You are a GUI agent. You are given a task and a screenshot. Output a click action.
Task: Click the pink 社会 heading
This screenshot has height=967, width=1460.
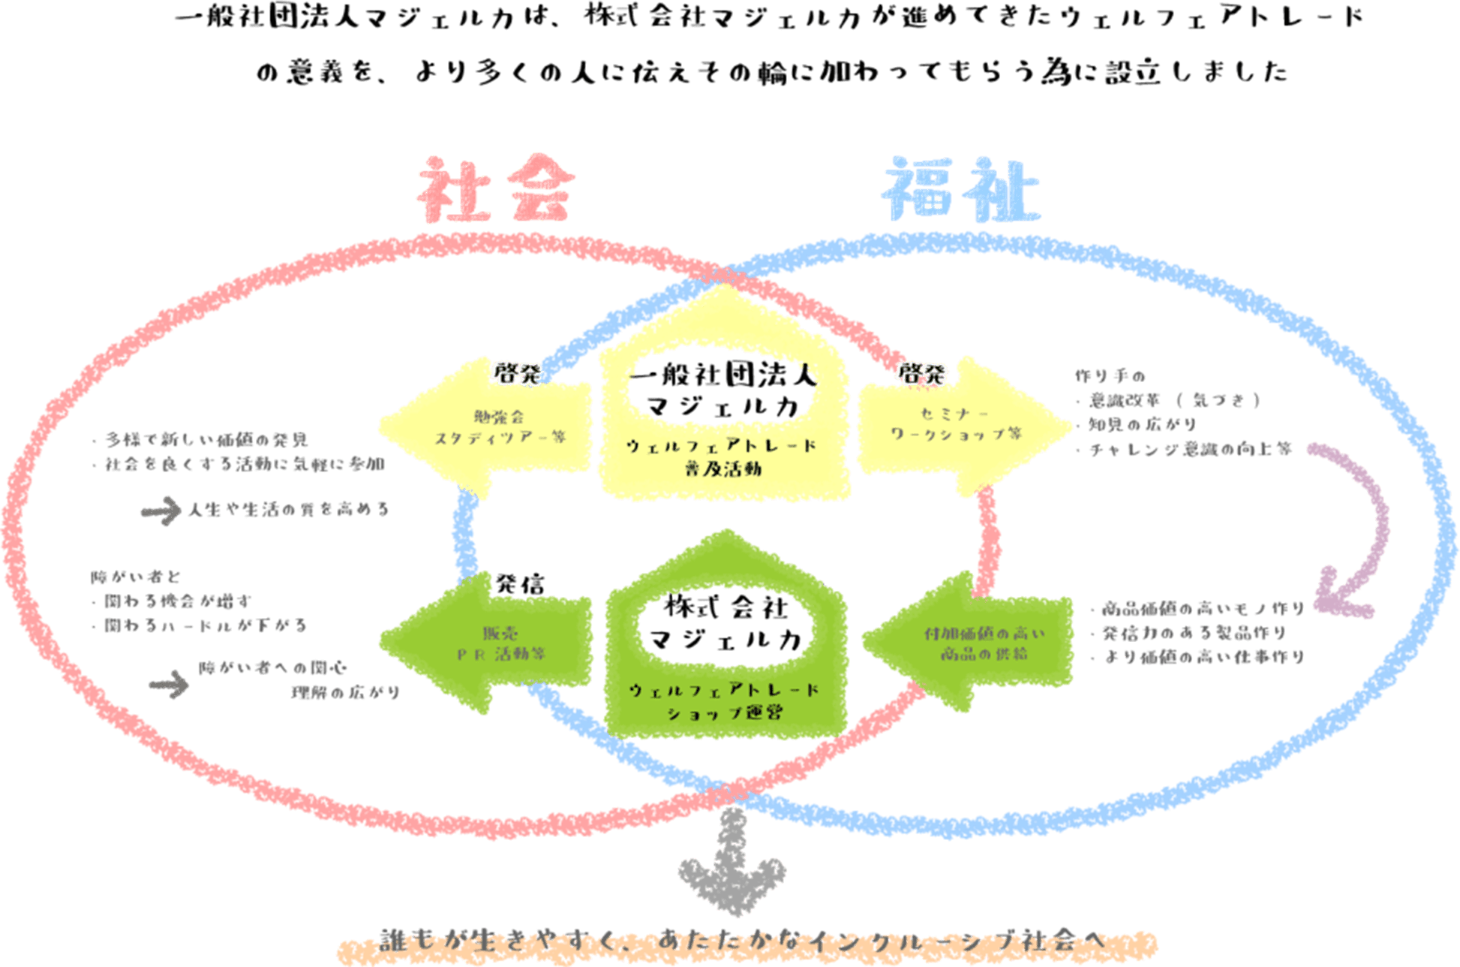496,189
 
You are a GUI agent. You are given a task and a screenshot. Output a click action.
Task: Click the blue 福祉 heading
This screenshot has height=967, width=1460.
961,191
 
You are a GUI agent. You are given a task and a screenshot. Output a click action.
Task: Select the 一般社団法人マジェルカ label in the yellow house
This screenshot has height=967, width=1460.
723,390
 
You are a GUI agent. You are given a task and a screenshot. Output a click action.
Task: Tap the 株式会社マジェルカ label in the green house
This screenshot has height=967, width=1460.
725,623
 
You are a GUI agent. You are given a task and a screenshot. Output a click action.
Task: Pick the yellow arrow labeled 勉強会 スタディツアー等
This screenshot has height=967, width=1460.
488,428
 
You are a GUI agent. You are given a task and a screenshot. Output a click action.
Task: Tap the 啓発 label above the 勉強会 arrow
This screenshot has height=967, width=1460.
516,373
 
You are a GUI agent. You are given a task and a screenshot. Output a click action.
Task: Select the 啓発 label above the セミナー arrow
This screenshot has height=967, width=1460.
923,373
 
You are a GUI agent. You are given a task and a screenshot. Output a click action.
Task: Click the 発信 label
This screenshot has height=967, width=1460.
520,584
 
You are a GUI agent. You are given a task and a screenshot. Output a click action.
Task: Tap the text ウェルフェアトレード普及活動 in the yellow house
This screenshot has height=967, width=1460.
722,456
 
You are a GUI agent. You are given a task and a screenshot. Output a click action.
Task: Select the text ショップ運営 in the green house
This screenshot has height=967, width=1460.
725,712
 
